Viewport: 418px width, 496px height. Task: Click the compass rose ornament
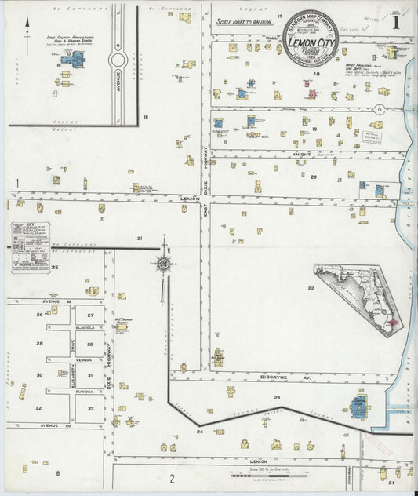pyautogui.click(x=164, y=264)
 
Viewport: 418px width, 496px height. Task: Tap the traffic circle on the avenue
pyautogui.click(x=118, y=60)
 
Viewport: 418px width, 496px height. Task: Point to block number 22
pyautogui.click(x=311, y=288)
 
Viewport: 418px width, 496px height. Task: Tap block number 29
pyautogui.click(x=90, y=345)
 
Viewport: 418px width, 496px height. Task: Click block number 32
pyautogui.click(x=38, y=408)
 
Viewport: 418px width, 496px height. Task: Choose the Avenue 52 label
pyautogui.click(x=56, y=302)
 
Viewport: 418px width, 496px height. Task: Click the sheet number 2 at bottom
pyautogui.click(x=172, y=477)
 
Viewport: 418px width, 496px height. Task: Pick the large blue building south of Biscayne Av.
pyautogui.click(x=360, y=407)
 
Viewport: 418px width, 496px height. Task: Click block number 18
pyautogui.click(x=317, y=75)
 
